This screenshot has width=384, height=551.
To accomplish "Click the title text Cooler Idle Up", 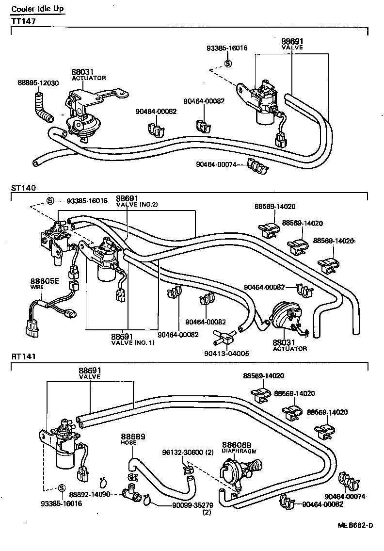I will (x=37, y=9).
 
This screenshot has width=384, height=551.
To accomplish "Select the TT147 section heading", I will (x=23, y=21).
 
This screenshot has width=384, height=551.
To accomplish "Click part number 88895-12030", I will (x=38, y=83).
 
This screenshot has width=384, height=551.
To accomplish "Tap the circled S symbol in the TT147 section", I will (x=228, y=64).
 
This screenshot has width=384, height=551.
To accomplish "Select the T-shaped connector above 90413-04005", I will (x=224, y=335).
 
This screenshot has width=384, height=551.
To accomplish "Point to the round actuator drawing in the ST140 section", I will (x=286, y=318).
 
